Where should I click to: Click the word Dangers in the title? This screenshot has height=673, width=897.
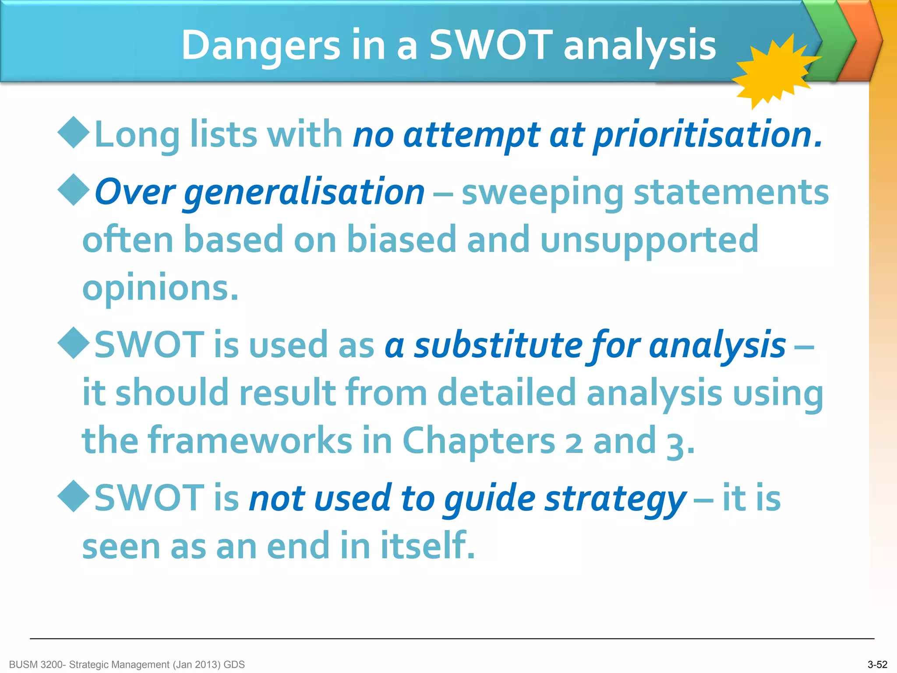coord(261,46)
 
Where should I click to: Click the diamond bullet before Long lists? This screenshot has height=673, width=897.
coord(74,132)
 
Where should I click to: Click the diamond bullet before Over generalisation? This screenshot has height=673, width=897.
coord(74,190)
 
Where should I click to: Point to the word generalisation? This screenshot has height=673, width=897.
coord(304,193)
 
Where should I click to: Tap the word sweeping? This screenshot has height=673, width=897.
coord(542,193)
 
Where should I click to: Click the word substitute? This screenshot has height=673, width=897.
coord(498,345)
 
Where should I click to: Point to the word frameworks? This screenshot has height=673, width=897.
coord(250,441)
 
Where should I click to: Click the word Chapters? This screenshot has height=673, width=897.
coord(478,441)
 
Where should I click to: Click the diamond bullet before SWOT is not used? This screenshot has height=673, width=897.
coord(74,496)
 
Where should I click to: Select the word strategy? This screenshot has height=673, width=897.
coord(615,499)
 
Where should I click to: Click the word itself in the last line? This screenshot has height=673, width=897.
coord(427,546)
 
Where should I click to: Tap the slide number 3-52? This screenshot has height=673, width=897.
coord(877,665)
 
